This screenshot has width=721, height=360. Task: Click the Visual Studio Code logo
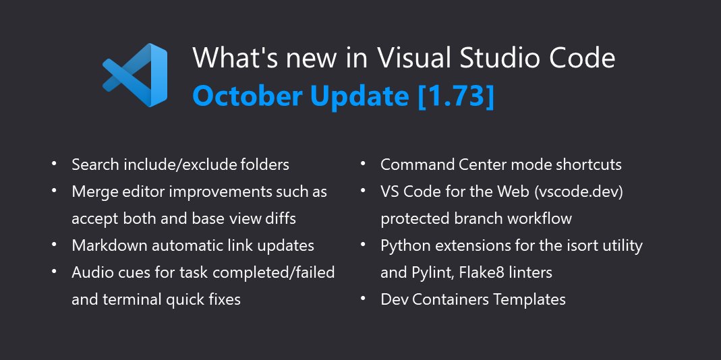pos(135,75)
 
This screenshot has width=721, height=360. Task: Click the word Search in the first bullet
pos(96,164)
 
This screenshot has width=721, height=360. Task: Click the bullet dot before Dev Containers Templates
pos(363,299)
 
